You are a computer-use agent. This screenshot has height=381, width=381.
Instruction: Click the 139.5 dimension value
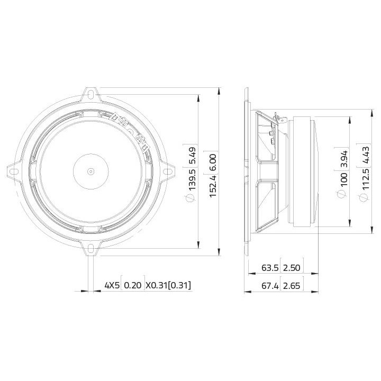[x=193, y=180]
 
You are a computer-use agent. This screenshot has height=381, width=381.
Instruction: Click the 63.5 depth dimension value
[x=270, y=268]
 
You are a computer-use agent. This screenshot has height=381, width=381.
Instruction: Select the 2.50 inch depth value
[x=292, y=268]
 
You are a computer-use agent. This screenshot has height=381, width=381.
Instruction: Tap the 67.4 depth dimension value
[x=270, y=286]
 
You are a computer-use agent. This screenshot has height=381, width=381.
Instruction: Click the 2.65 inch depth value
[x=292, y=286]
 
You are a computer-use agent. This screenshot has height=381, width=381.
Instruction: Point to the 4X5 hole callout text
[x=112, y=286]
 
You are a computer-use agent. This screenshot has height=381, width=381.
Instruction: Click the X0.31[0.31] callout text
[x=168, y=286]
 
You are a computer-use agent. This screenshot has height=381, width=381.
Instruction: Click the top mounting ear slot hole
[x=92, y=96]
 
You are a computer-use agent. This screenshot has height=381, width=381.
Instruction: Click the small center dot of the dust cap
[x=91, y=171]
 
